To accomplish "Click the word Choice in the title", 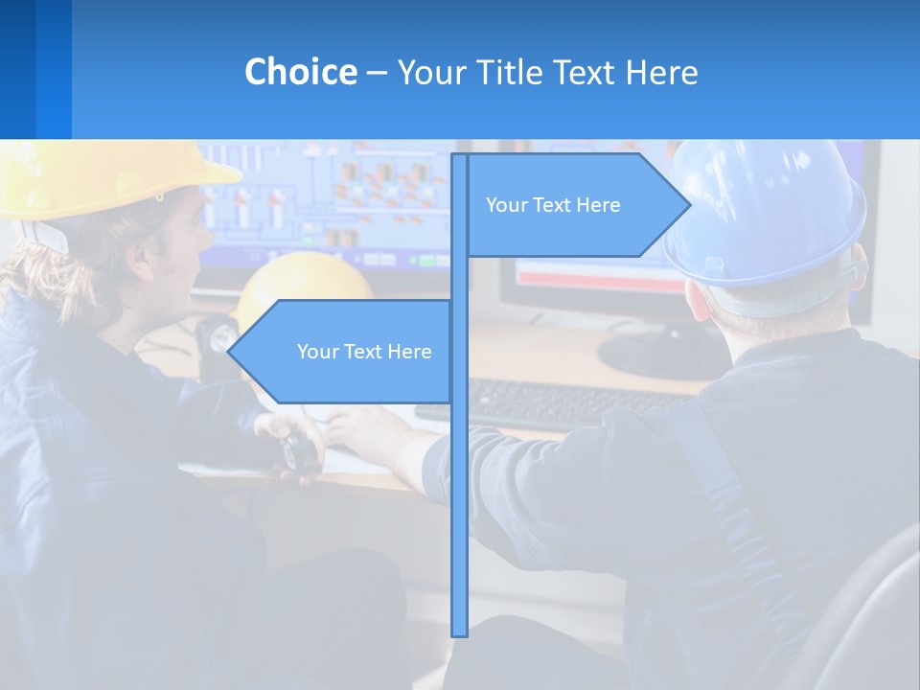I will (x=300, y=72).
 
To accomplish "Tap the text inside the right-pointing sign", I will (x=553, y=205).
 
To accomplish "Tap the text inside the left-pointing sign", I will (x=364, y=352).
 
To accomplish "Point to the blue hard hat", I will (x=767, y=211).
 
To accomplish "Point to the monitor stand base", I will (x=661, y=355).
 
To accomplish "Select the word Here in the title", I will (x=662, y=72).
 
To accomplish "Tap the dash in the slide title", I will (x=377, y=73).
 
